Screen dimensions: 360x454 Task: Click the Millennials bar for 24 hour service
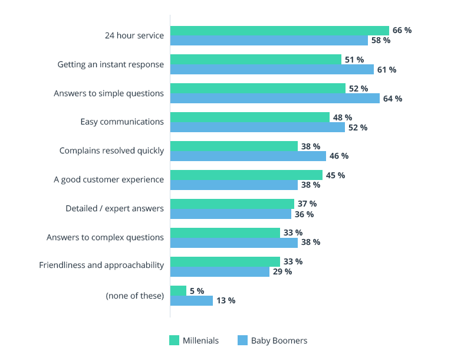[279, 31]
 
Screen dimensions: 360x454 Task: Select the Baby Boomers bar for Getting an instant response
[272, 70]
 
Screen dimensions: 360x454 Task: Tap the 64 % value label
[392, 99]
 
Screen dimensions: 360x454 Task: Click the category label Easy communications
[122, 122]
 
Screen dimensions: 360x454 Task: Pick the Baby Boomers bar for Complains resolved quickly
[248, 156]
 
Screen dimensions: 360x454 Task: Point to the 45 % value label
[335, 175]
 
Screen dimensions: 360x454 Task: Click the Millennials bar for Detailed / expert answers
[232, 204]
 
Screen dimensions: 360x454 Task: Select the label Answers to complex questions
[105, 237]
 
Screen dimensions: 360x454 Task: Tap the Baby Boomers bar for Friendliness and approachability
[219, 272]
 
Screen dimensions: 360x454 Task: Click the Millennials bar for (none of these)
[178, 291]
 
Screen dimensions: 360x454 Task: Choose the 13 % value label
[225, 300]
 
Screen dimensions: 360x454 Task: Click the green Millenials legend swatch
[174, 341]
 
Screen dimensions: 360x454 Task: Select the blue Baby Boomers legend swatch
[242, 341]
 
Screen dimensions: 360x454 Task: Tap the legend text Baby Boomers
[279, 341]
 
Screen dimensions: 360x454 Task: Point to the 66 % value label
[402, 30]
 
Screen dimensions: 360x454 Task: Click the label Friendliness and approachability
[101, 265]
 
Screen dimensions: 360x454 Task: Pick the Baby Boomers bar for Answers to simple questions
[275, 99]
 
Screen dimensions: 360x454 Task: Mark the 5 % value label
[196, 291]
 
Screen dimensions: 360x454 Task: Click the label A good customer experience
[108, 179]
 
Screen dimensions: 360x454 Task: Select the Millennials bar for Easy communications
[249, 117]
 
